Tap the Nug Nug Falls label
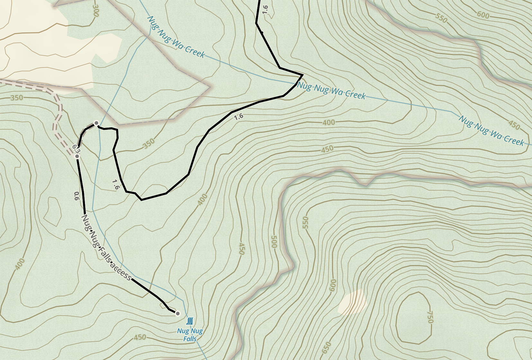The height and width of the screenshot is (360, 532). pos(190,335)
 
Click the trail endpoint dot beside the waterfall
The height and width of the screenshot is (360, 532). pos(178,313)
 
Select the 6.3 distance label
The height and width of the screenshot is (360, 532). pos(76,149)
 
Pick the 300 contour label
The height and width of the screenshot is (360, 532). pos(96,10)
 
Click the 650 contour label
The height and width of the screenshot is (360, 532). pos(326,347)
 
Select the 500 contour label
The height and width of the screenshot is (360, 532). pos(274,242)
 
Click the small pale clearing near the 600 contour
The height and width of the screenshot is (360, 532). pos(352,302)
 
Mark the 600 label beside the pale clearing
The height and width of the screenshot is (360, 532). pos(333,285)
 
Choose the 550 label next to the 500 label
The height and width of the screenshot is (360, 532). pos(305,223)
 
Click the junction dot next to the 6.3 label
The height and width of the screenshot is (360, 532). pos(77,157)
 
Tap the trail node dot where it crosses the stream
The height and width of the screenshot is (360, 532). pos(96,123)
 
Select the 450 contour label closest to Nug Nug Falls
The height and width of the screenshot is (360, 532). pos(140,337)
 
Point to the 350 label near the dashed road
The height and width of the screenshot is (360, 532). pos(17,98)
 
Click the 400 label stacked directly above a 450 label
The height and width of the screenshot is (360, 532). pos(328,122)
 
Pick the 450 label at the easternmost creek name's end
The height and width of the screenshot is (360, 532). pos(514,125)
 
